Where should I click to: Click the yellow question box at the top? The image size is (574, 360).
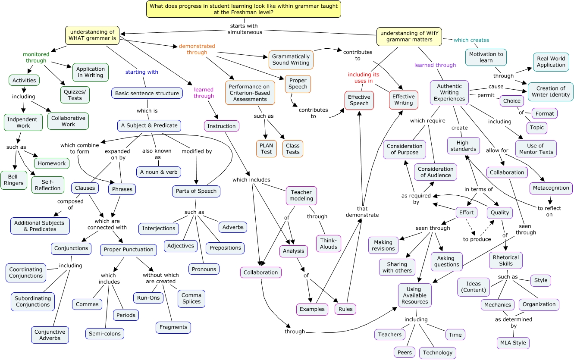click(244, 9)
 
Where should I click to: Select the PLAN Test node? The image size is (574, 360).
click(266, 149)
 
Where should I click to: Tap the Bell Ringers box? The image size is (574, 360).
click(14, 180)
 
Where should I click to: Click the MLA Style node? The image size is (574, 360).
click(513, 343)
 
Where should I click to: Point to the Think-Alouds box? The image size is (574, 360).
click(329, 244)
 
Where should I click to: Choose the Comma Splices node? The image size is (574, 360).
click(191, 298)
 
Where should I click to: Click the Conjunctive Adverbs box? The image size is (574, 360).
click(50, 335)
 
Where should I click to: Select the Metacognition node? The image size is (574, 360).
click(551, 188)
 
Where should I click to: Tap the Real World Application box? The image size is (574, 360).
click(551, 62)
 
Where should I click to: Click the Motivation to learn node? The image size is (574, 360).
click(486, 57)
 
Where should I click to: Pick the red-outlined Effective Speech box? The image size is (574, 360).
click(359, 100)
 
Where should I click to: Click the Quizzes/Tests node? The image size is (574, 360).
click(75, 94)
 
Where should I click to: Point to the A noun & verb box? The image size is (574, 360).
click(159, 172)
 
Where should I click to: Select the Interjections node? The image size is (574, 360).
click(159, 229)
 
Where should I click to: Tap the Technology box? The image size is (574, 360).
click(438, 353)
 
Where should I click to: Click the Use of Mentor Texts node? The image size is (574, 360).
click(536, 149)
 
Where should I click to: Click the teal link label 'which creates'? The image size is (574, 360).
click(471, 40)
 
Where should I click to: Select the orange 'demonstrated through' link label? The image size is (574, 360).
click(197, 49)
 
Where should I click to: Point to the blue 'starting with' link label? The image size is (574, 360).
click(141, 72)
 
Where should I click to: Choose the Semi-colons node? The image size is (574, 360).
click(104, 334)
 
